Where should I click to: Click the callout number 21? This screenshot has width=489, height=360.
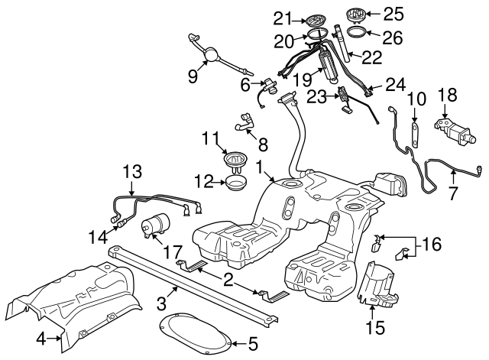coord(284,18)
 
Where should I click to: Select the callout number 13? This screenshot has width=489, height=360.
coord(132,171)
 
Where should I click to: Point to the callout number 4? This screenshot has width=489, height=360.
coord(43,337)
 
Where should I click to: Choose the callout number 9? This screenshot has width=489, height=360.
coord(192,76)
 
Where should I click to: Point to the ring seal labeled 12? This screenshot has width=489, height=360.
coord(235,183)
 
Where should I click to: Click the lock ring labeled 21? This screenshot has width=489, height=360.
coord(315,18)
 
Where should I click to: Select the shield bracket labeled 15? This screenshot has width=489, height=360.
coord(378,284)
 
